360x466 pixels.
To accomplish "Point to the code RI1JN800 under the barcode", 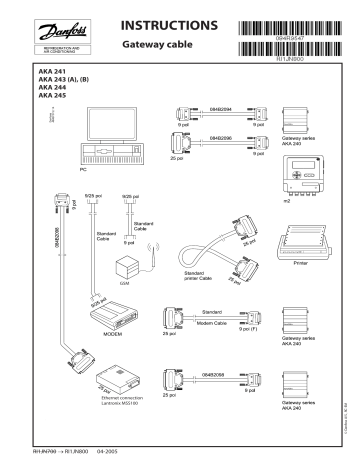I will tap(289, 60).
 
